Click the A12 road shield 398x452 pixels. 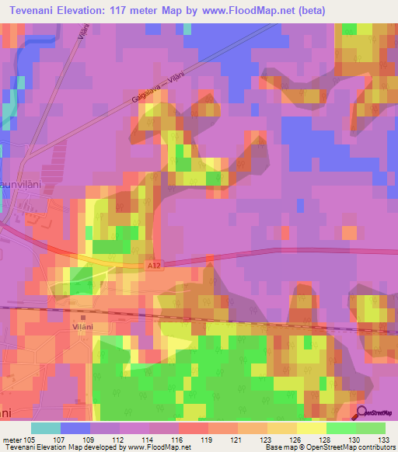coord(155,265)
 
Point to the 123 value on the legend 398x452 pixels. coord(252,440)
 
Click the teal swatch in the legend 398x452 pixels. coord(46,428)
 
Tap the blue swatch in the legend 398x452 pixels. coord(75,428)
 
